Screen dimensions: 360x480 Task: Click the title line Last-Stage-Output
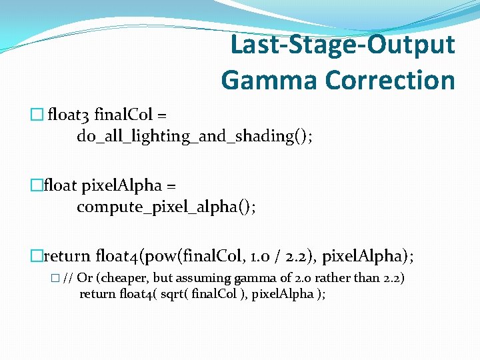(342, 45)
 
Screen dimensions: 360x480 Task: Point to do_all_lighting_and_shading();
(195, 137)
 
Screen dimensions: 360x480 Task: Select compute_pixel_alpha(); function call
(166, 207)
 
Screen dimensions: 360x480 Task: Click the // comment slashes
(68, 278)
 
